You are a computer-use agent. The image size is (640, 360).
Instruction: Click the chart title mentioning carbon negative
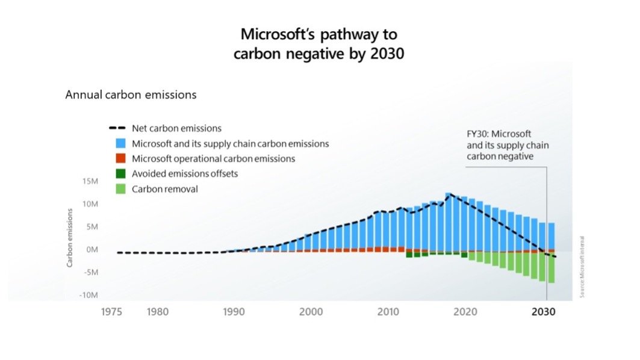(319, 43)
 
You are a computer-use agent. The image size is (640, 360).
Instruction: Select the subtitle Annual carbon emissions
(131, 95)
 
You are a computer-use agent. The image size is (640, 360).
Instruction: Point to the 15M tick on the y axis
(89, 181)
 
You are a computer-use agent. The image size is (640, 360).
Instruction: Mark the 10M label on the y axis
(89, 204)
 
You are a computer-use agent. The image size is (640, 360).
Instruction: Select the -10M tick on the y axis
(88, 295)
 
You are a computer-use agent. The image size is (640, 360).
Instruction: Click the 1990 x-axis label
(233, 312)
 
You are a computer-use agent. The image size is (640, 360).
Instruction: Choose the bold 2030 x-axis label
(546, 312)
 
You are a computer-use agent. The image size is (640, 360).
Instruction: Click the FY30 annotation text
(508, 144)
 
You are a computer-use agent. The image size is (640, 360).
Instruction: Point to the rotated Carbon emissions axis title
(70, 234)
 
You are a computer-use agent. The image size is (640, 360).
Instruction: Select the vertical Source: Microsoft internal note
(583, 266)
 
